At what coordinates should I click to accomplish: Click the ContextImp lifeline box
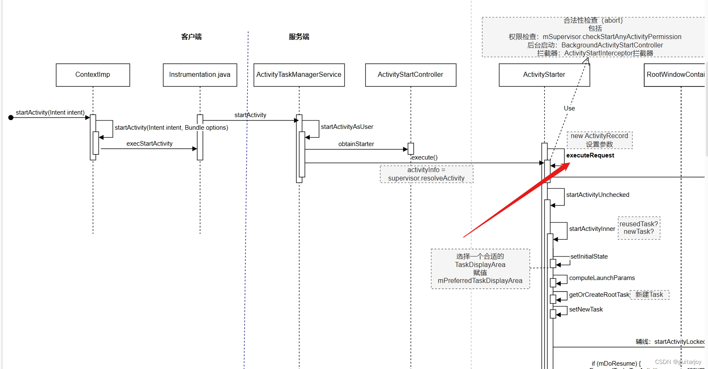pyautogui.click(x=93, y=75)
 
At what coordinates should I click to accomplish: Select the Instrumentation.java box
pyautogui.click(x=200, y=75)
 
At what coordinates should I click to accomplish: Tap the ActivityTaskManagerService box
pyautogui.click(x=299, y=75)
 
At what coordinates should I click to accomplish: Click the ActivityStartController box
pyautogui.click(x=410, y=75)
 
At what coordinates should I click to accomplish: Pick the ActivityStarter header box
pyautogui.click(x=544, y=75)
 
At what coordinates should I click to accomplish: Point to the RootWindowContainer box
pyautogui.click(x=675, y=75)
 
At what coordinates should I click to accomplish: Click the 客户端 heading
pyautogui.click(x=191, y=37)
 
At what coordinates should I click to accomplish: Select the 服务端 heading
pyautogui.click(x=299, y=37)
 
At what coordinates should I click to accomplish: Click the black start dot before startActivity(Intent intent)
pyautogui.click(x=11, y=118)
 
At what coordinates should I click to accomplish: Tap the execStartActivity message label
pyautogui.click(x=149, y=144)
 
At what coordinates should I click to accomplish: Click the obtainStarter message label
pyautogui.click(x=356, y=144)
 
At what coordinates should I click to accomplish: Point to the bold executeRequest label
pyautogui.click(x=590, y=155)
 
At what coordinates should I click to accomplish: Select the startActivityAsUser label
pyautogui.click(x=347, y=127)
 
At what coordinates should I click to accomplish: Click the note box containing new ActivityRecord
pyautogui.click(x=599, y=140)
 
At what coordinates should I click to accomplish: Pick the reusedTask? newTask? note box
pyautogui.click(x=639, y=228)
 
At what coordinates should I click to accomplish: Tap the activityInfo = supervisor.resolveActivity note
pyautogui.click(x=426, y=174)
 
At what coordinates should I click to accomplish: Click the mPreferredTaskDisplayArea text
pyautogui.click(x=480, y=281)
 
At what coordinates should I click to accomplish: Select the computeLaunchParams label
pyautogui.click(x=602, y=278)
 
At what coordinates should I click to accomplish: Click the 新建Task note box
pyautogui.click(x=649, y=295)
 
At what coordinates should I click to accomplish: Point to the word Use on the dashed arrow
pyautogui.click(x=569, y=108)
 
